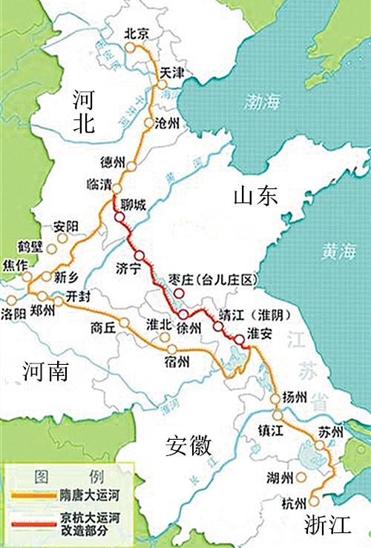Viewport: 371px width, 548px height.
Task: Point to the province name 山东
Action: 255,195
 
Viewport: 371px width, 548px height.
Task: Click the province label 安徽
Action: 188,447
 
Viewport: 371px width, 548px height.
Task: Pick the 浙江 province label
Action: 327,526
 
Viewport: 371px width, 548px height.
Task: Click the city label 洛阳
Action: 15,312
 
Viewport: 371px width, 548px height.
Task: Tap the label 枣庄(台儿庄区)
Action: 212,280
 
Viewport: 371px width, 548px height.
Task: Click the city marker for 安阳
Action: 62,239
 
